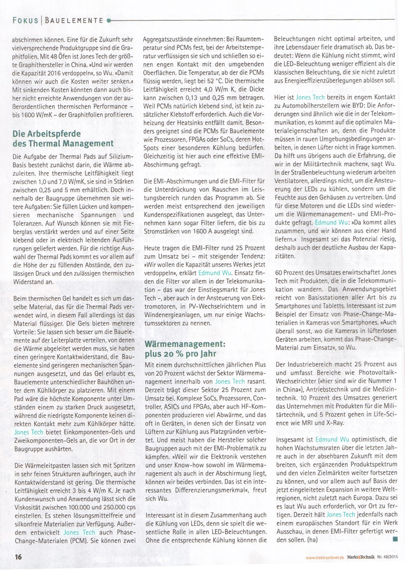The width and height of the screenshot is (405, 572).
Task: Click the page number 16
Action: (18, 557)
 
